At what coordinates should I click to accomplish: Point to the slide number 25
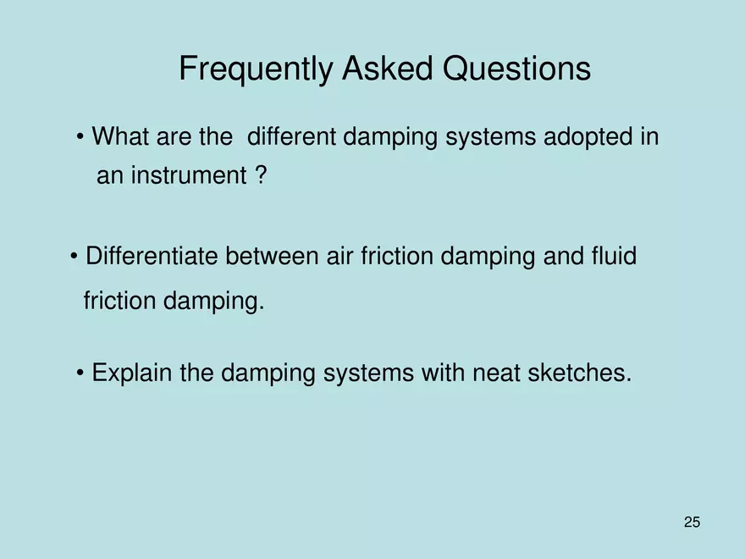pos(692,523)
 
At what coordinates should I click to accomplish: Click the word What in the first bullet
pos(121,136)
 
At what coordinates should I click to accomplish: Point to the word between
pos(271,256)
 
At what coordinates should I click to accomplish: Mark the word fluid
pos(610,256)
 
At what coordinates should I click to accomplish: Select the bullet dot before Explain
pos(80,373)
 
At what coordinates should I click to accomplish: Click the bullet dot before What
pos(80,137)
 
